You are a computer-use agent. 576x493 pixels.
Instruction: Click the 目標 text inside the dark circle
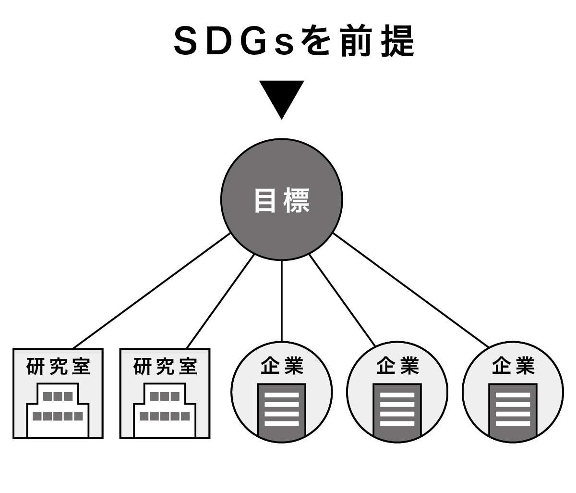click(x=282, y=200)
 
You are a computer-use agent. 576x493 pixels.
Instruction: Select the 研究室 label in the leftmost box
click(x=58, y=367)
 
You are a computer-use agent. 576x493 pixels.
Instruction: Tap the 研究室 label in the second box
click(x=165, y=367)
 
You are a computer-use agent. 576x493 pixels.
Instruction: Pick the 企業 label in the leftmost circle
click(x=282, y=366)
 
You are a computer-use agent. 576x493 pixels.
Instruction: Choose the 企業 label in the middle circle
click(x=397, y=366)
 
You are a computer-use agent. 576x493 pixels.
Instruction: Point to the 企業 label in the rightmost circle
click(x=513, y=366)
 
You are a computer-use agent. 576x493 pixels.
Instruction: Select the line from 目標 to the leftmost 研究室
click(x=151, y=291)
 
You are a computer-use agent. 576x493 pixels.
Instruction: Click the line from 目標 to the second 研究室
click(x=220, y=301)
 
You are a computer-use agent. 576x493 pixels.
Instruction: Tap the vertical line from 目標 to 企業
click(x=282, y=300)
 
